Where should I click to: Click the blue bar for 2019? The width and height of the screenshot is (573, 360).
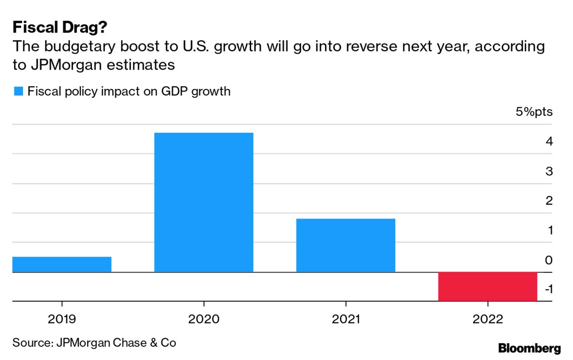[x=62, y=264]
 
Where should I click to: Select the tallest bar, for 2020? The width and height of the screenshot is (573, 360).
[x=204, y=202]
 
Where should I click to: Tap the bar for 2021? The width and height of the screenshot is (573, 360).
[x=345, y=245]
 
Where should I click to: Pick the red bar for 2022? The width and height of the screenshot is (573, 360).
[x=488, y=286]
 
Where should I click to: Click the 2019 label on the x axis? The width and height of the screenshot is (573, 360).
[x=62, y=319]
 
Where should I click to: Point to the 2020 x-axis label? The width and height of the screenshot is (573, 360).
[x=204, y=319]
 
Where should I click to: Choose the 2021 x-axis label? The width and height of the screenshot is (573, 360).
[x=345, y=319]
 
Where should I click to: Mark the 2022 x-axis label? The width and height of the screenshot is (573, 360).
[x=488, y=319]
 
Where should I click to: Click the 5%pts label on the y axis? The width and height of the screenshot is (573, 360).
[x=534, y=112]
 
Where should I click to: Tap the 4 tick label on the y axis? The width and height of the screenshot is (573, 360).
[x=549, y=142]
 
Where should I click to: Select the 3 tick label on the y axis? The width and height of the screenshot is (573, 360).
[x=549, y=171]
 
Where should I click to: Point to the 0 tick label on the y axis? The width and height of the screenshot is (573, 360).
[x=549, y=260]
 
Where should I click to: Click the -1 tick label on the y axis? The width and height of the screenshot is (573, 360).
[x=548, y=289]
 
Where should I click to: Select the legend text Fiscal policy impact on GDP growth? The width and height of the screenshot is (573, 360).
[x=129, y=92]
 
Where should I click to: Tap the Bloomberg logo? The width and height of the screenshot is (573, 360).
[x=529, y=348]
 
